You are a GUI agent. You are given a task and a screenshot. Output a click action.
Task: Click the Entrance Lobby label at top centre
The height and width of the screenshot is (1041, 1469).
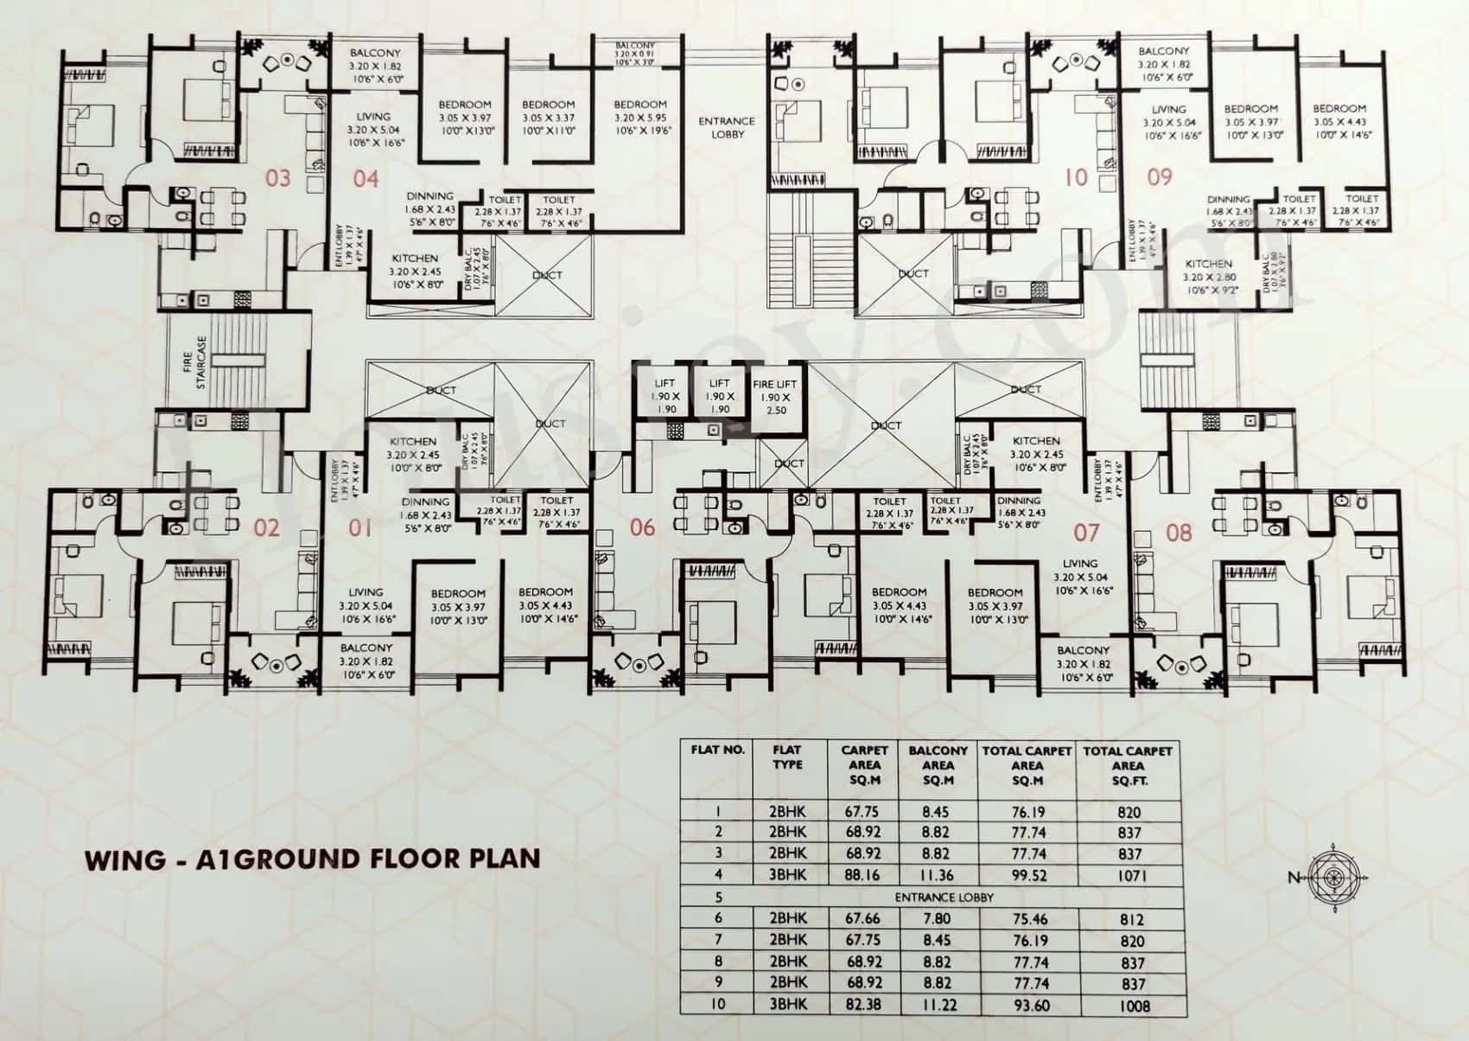(726, 128)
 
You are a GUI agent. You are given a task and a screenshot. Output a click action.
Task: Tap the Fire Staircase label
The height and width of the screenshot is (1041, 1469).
(194, 362)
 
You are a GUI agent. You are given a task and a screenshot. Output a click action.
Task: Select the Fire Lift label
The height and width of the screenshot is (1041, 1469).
(775, 397)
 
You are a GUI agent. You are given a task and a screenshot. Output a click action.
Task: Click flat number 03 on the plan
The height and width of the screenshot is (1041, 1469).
(278, 179)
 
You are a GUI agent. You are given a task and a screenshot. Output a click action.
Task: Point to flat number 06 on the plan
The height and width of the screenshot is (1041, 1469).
(642, 527)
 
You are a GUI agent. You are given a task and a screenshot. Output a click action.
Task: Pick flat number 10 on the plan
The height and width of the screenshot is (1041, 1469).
(1076, 177)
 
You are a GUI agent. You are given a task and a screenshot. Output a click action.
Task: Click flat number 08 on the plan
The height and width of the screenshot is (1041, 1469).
(1179, 532)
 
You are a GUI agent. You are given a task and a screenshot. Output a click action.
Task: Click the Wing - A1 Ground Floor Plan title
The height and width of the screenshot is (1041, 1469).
(312, 859)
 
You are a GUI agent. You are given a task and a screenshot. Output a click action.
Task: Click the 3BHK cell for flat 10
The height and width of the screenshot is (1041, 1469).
(787, 1006)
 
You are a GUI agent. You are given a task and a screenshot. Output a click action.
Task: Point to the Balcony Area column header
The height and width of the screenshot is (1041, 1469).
(938, 765)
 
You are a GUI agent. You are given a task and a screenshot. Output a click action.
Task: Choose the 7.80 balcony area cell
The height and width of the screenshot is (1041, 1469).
(937, 919)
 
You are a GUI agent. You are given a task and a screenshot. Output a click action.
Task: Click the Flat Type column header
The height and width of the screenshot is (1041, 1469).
(787, 757)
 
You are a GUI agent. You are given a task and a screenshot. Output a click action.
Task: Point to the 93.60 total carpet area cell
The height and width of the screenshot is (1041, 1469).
(1027, 1006)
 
